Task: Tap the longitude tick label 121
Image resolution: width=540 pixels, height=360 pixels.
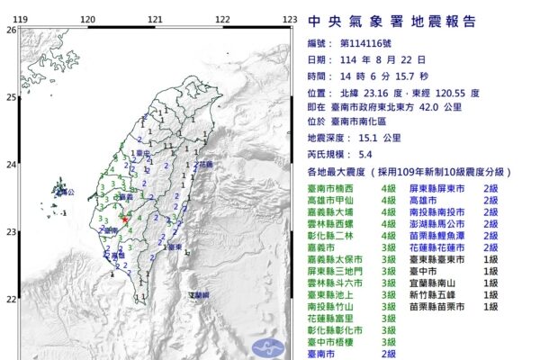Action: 156,19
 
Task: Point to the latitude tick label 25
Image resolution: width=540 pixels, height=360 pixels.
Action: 10,97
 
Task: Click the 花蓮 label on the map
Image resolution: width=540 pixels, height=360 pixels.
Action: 206,166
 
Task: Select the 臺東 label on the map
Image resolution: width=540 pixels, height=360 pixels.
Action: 175,246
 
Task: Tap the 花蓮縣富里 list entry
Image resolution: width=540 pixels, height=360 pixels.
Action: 334,318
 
